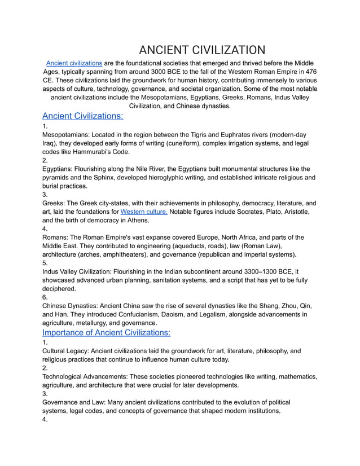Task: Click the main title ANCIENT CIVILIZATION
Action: tap(201, 50)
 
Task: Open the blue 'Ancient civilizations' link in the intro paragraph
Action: tap(74, 63)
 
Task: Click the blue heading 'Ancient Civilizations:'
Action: tap(83, 116)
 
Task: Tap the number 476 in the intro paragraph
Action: tap(309, 72)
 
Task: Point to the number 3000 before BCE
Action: tap(198, 72)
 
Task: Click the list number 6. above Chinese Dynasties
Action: tap(45, 297)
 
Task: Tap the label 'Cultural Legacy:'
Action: tap(65, 351)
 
